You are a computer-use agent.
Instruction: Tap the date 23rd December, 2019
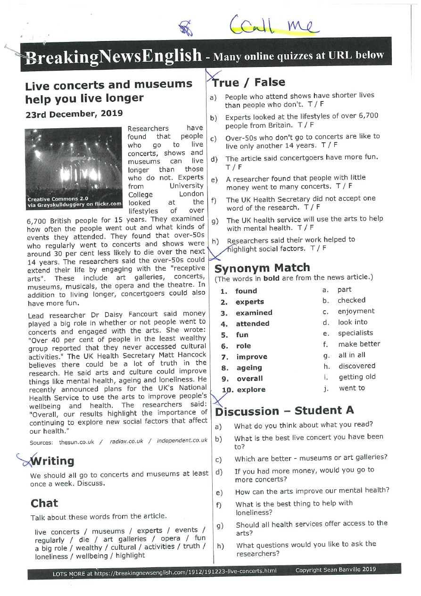click(x=74, y=113)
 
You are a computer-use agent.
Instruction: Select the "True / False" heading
click(x=248, y=83)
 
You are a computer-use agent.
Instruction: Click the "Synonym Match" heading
click(x=262, y=268)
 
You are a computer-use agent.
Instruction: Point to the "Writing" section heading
click(x=52, y=461)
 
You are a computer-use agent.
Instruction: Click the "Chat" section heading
click(x=44, y=503)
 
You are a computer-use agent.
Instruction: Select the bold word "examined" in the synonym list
click(x=254, y=313)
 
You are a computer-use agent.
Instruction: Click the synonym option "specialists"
click(x=355, y=333)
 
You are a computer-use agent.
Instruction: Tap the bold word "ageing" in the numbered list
click(x=249, y=368)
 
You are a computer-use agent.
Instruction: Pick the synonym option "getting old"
click(x=357, y=377)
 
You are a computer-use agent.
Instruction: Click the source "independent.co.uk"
click(x=182, y=441)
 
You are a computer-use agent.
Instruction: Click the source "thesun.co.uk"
click(x=76, y=442)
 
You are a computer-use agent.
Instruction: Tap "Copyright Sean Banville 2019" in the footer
click(x=335, y=570)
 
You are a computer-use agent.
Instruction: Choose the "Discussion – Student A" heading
click(x=284, y=411)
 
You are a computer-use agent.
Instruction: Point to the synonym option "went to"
click(x=352, y=388)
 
